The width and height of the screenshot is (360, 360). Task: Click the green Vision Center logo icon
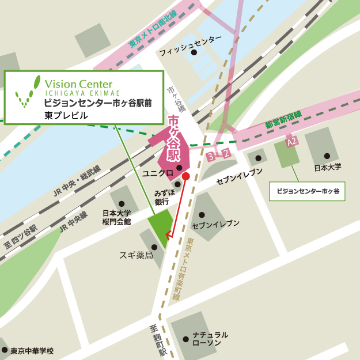(26, 93)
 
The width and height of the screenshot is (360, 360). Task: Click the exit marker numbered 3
(211, 156)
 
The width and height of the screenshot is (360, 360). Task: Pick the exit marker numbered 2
(226, 153)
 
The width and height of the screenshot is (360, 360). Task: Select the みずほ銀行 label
(161, 198)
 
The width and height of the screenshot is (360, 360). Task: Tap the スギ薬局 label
(136, 255)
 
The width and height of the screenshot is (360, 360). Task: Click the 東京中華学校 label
(32, 350)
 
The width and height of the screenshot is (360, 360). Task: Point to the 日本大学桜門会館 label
(116, 217)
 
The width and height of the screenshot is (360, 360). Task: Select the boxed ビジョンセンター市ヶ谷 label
(308, 191)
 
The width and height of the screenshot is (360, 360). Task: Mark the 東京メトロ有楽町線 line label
(200, 266)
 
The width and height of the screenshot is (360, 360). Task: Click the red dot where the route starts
(186, 176)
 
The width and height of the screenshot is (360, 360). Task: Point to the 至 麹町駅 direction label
(157, 340)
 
